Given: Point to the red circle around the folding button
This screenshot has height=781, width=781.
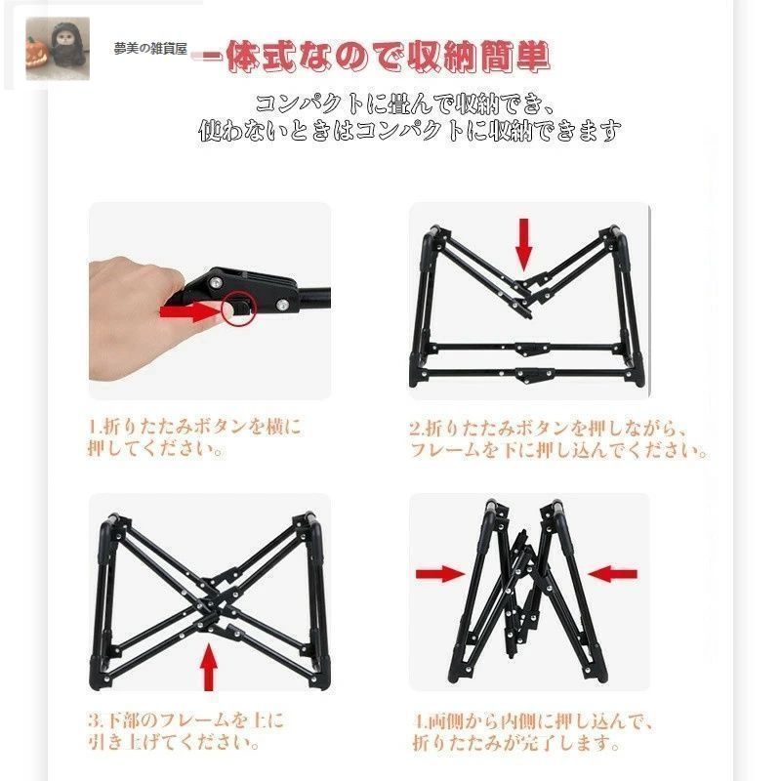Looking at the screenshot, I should (x=237, y=308).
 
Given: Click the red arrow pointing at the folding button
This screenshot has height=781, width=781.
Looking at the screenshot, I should (x=191, y=311).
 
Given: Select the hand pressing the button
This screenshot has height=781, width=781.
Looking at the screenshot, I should (x=137, y=312).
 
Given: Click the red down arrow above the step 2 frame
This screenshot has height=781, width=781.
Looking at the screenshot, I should (x=524, y=244).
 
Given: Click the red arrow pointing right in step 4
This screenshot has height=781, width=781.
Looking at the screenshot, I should (x=440, y=573).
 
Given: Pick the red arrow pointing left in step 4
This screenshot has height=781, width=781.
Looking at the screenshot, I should (x=612, y=573).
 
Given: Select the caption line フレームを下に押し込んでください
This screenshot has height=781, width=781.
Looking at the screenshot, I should (x=557, y=451).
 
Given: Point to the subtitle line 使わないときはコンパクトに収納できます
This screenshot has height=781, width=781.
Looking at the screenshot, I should (x=410, y=130).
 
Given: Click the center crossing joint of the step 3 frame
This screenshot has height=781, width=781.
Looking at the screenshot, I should (x=209, y=601).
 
